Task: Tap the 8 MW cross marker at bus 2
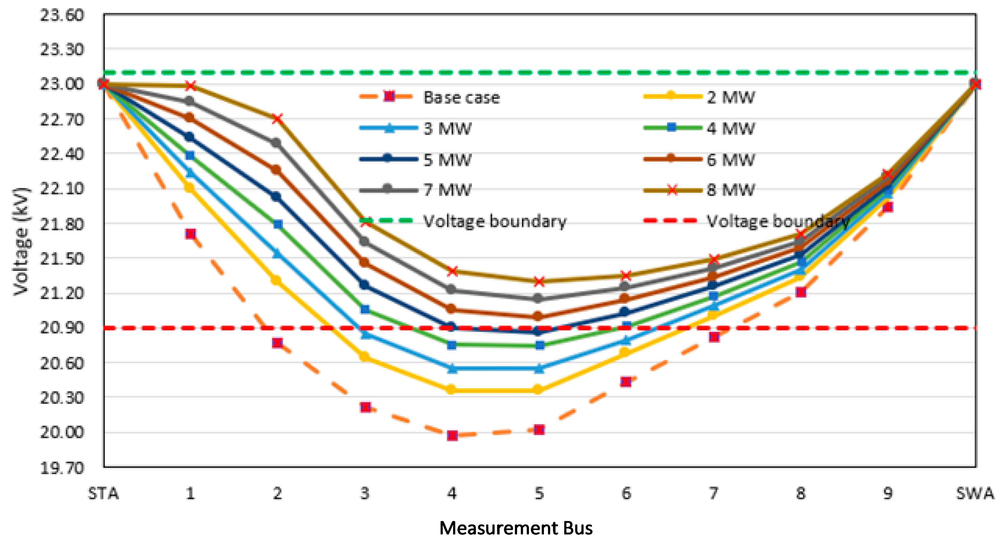click(277, 119)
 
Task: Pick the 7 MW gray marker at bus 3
click(364, 241)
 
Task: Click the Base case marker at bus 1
click(190, 234)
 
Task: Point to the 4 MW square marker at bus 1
click(190, 156)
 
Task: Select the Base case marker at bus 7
click(714, 337)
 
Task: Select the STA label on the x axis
click(103, 493)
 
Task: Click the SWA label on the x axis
click(975, 493)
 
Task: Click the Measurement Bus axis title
click(516, 528)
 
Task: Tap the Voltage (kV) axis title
click(21, 241)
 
